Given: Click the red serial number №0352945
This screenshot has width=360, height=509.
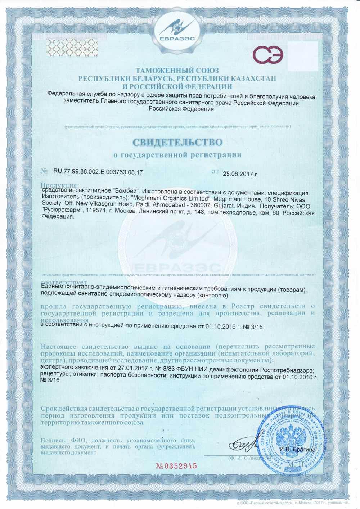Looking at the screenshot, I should pyautogui.click(x=176, y=465).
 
